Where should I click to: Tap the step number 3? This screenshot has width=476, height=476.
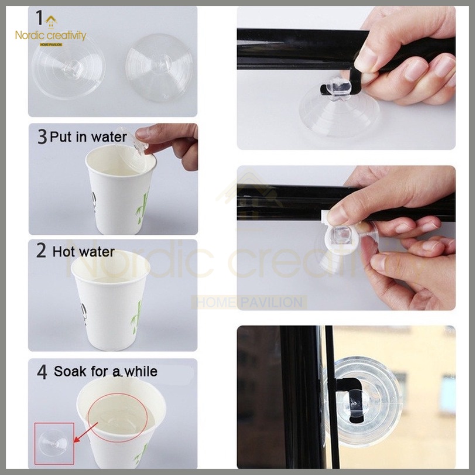[x=42, y=137]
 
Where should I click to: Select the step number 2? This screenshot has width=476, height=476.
[x=41, y=251]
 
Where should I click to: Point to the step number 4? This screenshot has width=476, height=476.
[x=42, y=372]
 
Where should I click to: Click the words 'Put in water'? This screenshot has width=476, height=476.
[x=88, y=137]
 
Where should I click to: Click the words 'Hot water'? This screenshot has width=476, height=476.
[x=83, y=252]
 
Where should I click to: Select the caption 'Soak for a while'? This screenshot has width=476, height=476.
[x=105, y=371]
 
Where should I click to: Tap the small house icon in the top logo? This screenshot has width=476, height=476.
[x=52, y=22]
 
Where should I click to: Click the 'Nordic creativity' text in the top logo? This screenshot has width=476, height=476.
[x=51, y=36]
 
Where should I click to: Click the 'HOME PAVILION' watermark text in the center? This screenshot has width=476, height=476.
[x=249, y=303]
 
